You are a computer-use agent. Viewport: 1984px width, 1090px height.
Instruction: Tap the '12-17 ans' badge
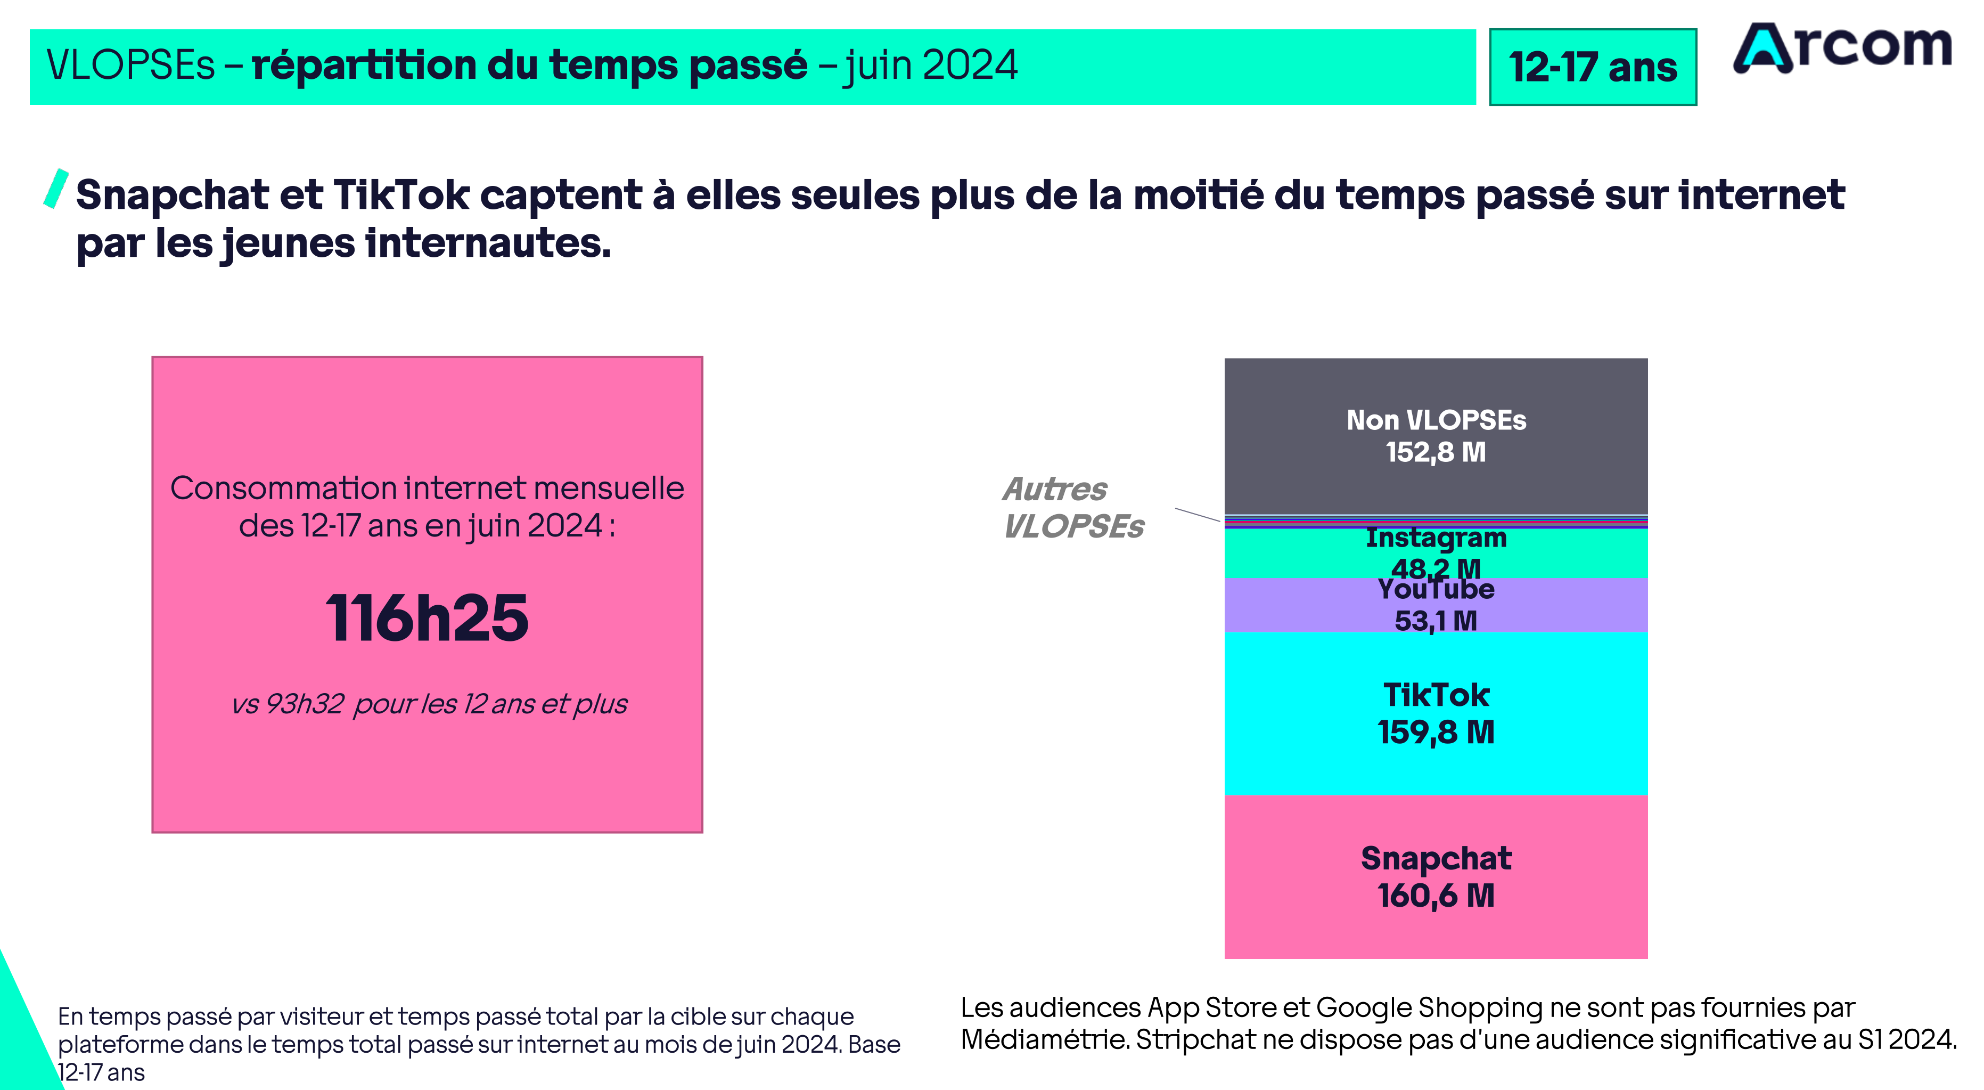(x=1592, y=67)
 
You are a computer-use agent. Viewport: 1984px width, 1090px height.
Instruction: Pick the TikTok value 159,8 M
(x=1436, y=733)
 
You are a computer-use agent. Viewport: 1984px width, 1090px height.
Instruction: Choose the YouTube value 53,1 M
(x=1436, y=621)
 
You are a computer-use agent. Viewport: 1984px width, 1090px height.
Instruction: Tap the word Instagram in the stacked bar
(x=1436, y=538)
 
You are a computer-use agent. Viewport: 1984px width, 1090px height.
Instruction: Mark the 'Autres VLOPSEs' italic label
(x=1073, y=508)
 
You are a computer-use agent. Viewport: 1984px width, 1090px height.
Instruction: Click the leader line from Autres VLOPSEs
(x=1197, y=515)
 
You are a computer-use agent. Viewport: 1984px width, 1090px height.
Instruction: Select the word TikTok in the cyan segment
(x=1436, y=695)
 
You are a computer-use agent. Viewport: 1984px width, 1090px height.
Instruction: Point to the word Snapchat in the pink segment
(x=1436, y=858)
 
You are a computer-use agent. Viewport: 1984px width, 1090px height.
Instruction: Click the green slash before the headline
(x=56, y=189)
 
